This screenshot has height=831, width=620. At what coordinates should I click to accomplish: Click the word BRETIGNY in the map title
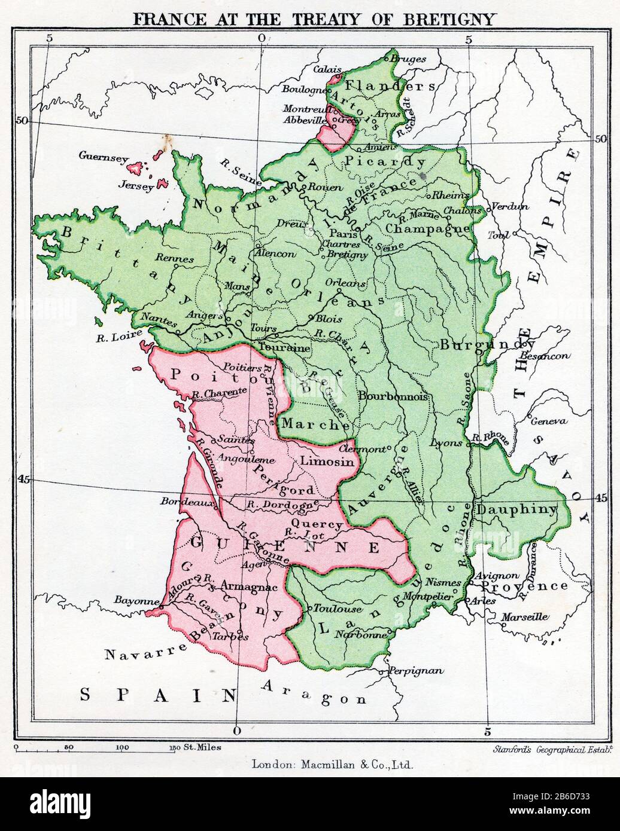tap(454, 19)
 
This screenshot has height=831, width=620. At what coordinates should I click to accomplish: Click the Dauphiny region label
tap(516, 510)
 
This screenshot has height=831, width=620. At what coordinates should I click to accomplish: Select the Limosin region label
tap(323, 462)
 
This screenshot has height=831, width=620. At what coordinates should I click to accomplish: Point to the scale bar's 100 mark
tap(122, 747)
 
